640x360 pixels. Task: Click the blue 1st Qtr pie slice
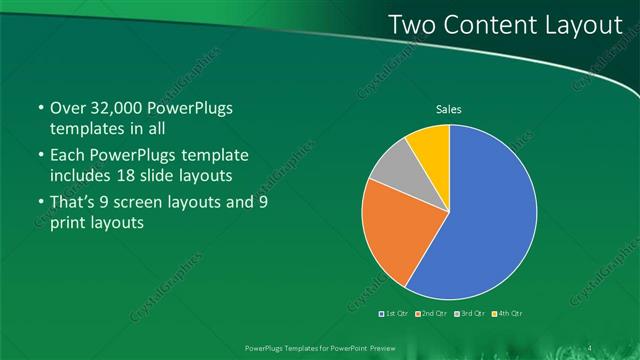(480, 220)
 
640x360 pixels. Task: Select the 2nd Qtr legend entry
(432, 314)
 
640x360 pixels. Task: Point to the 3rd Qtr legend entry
(470, 314)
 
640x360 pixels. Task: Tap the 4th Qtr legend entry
(507, 314)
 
